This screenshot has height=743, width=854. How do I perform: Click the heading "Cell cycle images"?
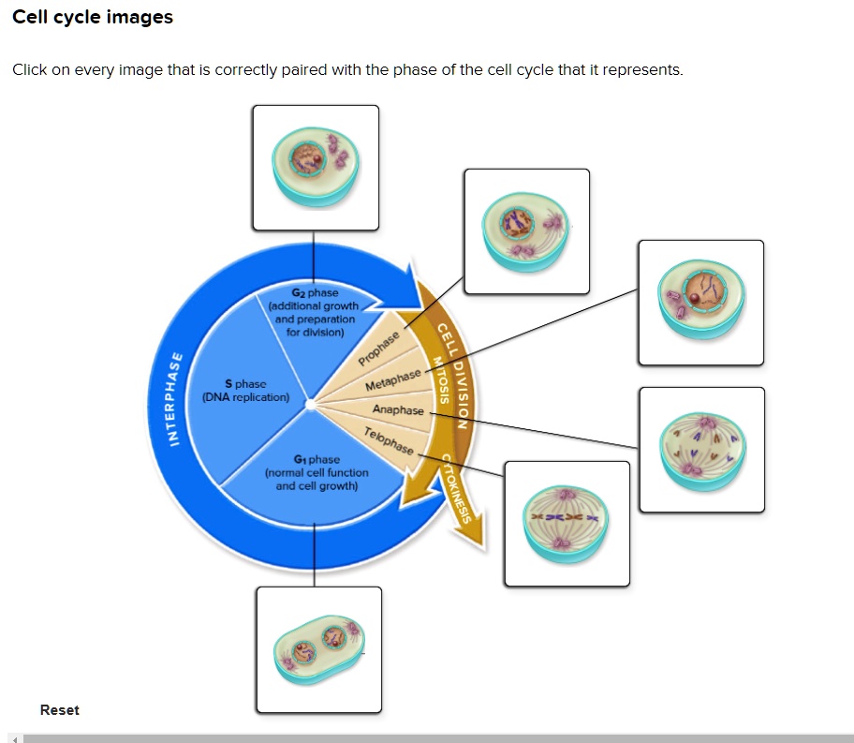tap(93, 18)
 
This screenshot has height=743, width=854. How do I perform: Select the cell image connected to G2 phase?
tap(316, 167)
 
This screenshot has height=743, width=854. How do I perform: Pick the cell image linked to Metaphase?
tap(700, 303)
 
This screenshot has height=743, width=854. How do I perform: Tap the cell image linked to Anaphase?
tap(701, 450)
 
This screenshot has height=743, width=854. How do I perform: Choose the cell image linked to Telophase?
tap(567, 524)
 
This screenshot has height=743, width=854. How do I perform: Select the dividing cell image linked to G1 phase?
tap(318, 648)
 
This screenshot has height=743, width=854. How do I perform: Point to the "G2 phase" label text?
tap(316, 293)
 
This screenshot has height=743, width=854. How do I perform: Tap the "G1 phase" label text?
tap(317, 459)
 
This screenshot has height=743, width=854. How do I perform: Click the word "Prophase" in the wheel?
tap(379, 349)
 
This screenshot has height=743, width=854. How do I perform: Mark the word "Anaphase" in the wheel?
tap(398, 410)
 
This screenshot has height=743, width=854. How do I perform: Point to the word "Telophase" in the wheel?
tap(388, 440)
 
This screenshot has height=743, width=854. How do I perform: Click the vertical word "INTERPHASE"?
tap(175, 400)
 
